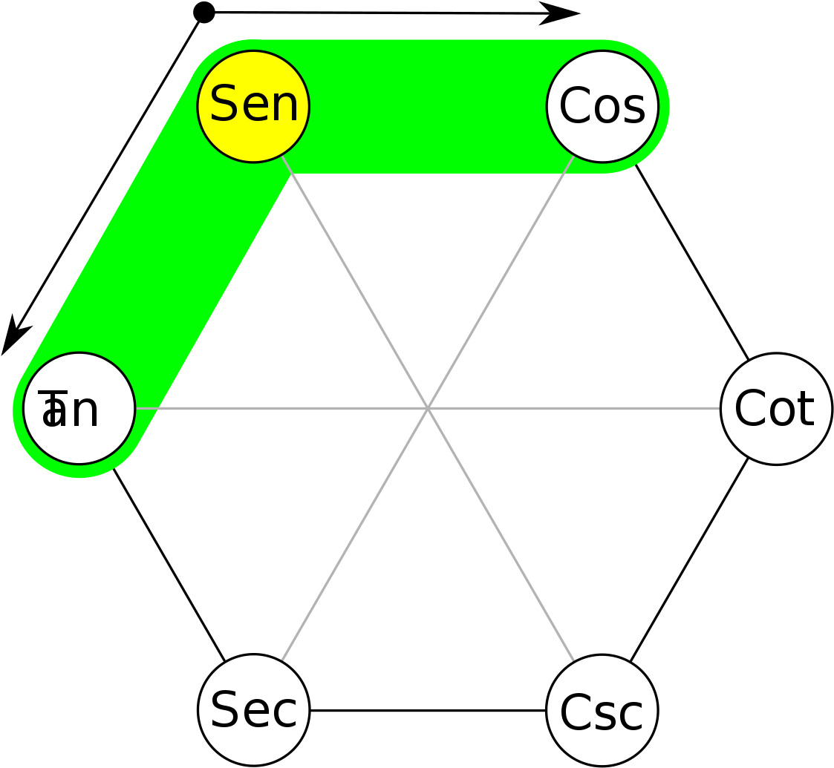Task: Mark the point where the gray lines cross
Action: pyautogui.click(x=428, y=408)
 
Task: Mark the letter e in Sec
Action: pyautogui.click(x=255, y=712)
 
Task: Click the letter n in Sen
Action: pyautogui.click(x=284, y=108)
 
